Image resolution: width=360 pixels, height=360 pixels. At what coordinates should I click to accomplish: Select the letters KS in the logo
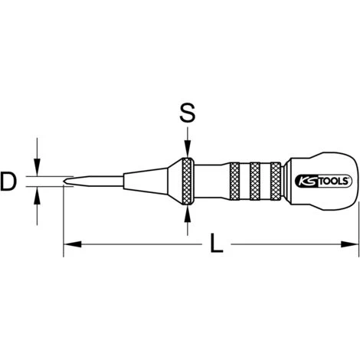click(x=303, y=182)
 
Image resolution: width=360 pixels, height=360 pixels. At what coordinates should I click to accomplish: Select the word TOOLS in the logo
click(x=326, y=182)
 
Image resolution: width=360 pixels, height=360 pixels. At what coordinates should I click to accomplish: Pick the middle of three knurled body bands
click(x=256, y=182)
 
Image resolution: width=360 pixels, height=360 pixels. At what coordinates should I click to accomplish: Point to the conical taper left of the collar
click(x=153, y=182)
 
